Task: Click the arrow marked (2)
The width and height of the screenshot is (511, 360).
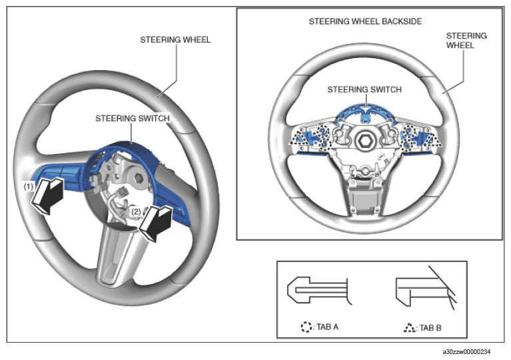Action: tap(156, 223)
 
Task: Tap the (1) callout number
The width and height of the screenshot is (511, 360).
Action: tap(29, 187)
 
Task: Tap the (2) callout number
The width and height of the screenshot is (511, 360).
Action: tap(136, 212)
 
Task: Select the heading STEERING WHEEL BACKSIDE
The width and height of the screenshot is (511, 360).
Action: tap(365, 21)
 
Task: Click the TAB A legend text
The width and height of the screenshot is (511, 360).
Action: tap(327, 327)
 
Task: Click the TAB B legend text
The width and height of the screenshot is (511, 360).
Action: tap(430, 328)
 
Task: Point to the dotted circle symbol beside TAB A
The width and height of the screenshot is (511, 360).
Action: tap(306, 327)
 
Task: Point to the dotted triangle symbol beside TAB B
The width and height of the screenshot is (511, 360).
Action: tap(409, 328)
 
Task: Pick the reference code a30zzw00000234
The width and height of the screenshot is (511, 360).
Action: tap(466, 351)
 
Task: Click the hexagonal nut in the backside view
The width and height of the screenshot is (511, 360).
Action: tap(363, 140)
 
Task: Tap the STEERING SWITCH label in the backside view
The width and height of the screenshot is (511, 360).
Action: tap(364, 89)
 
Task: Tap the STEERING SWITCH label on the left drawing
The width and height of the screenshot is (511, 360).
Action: tap(133, 118)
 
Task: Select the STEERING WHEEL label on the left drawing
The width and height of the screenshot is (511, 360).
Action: tap(175, 40)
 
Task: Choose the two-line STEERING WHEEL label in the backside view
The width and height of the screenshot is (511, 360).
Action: tap(466, 41)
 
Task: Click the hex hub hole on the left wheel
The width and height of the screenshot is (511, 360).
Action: tap(139, 178)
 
